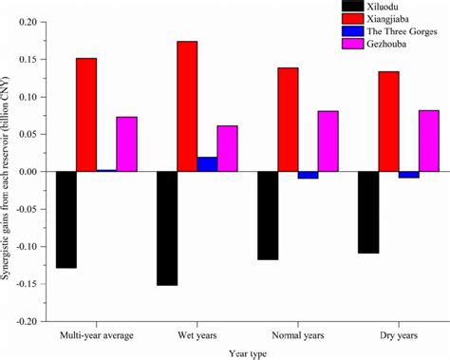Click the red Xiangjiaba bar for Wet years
coord(187,106)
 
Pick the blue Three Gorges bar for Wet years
coord(207,164)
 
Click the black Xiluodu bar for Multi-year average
coord(66,219)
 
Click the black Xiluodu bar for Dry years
coord(368,212)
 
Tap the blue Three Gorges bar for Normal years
coord(308,175)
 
